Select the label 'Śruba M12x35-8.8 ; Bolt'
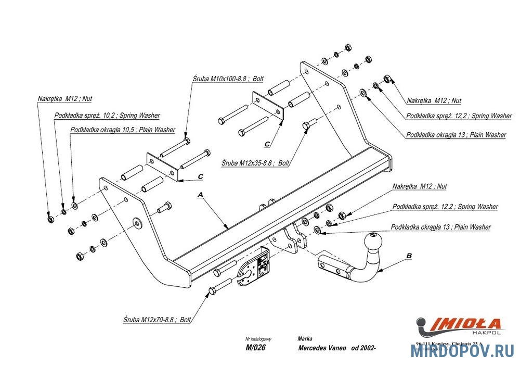[255, 163]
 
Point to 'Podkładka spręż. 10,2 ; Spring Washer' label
[107, 115]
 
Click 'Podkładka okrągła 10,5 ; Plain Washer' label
[122, 130]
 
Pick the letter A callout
[199, 195]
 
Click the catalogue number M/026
[255, 348]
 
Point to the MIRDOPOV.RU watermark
[462, 351]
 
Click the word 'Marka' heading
[305, 338]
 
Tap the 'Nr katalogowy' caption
[258, 338]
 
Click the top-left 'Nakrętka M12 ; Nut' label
[64, 98]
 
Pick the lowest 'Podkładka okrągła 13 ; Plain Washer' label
[440, 227]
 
